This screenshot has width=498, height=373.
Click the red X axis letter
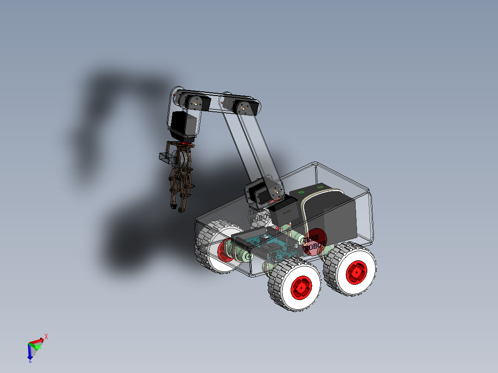click(x=46, y=337)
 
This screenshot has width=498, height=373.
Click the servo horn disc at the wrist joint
click(x=194, y=103)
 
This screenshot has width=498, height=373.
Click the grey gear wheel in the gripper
click(x=183, y=159)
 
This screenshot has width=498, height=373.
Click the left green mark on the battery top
click(x=301, y=191)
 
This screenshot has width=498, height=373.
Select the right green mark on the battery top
click(x=321, y=186)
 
